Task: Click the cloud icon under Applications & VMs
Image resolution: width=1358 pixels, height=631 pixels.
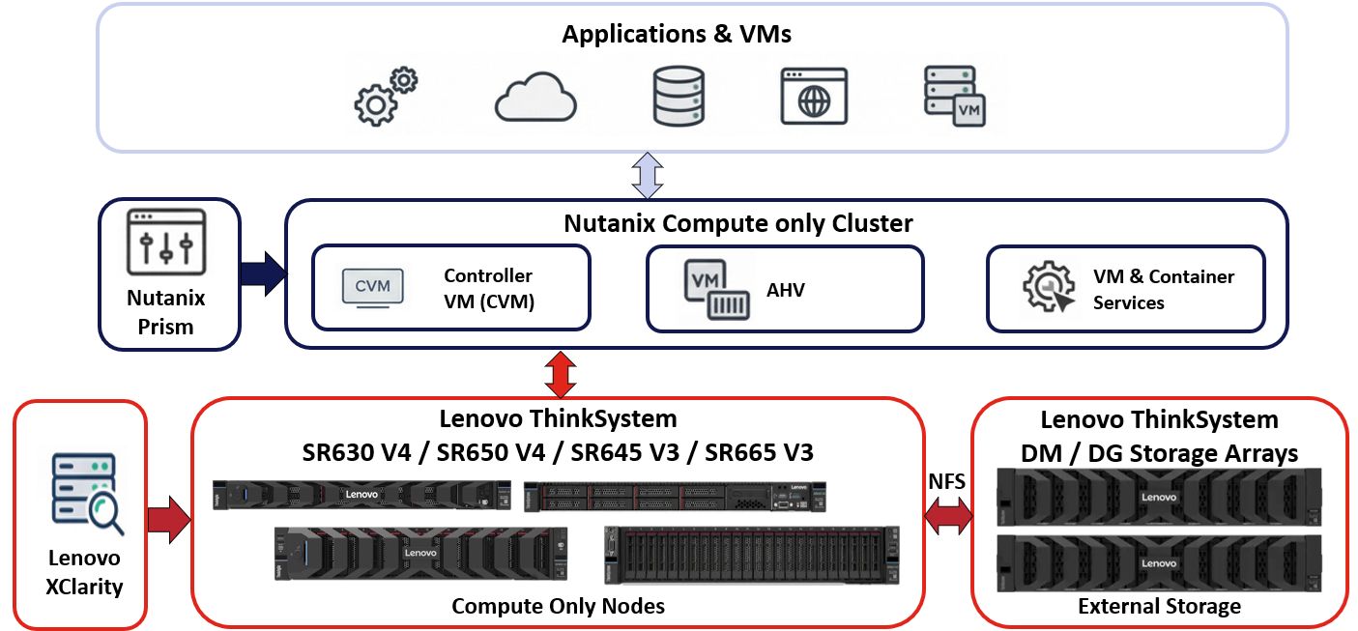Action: pyautogui.click(x=535, y=98)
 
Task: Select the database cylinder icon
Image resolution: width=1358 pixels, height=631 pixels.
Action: pyautogui.click(x=678, y=97)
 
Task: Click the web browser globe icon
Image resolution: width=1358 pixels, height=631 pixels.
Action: pyautogui.click(x=814, y=97)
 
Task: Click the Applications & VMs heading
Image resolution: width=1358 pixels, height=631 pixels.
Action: pyautogui.click(x=677, y=35)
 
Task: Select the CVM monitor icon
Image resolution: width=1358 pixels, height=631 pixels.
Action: pyautogui.click(x=374, y=288)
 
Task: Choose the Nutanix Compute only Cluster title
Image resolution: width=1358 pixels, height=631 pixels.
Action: pyautogui.click(x=738, y=223)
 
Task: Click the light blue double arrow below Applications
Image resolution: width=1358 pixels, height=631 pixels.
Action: pyautogui.click(x=647, y=175)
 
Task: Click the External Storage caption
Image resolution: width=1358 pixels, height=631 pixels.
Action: pyautogui.click(x=1159, y=606)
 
